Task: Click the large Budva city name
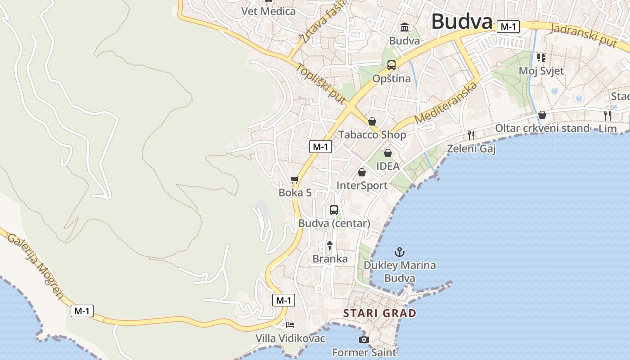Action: point(462,22)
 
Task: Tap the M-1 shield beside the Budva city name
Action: point(508,27)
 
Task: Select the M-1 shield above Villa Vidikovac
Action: point(284,300)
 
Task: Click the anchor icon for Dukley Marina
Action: point(400,252)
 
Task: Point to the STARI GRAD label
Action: point(379,313)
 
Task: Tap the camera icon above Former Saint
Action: point(364,339)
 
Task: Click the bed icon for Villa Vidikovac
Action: point(290,324)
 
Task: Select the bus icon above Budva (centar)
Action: point(334,210)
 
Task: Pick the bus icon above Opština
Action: point(391,65)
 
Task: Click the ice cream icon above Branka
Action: point(330,245)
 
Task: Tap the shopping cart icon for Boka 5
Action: point(295,180)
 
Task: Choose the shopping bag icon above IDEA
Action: point(387,153)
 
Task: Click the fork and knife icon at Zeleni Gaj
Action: point(471,135)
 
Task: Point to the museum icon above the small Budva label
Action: point(404,27)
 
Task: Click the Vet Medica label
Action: point(269,11)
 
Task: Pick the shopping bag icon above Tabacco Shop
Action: point(372,121)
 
